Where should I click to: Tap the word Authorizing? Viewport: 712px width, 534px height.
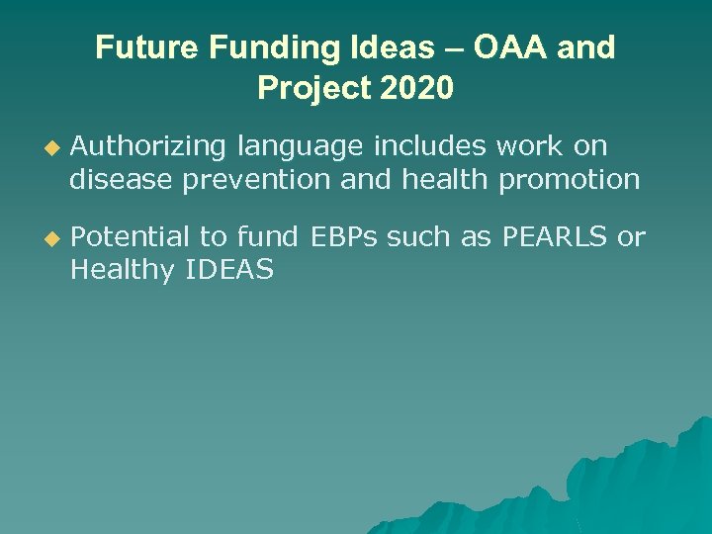[x=149, y=147]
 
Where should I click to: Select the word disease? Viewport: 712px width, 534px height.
[x=124, y=180]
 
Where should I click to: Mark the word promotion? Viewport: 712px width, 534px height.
[x=570, y=180]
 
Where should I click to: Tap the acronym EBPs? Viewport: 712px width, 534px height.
[x=345, y=237]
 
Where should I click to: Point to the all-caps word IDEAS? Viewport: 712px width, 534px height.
[x=229, y=270]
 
